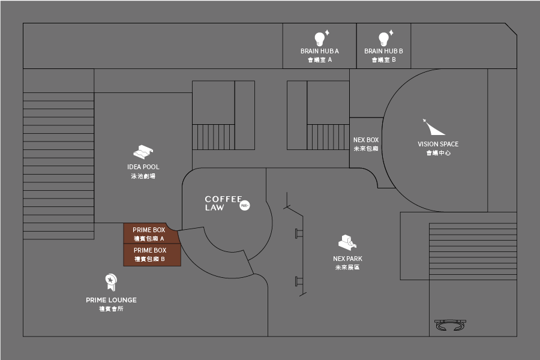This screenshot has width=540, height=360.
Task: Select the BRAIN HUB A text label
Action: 320,51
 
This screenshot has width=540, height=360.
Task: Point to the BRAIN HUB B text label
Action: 383,51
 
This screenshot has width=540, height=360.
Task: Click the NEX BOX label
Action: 366,140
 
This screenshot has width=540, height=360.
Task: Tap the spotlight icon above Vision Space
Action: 433,127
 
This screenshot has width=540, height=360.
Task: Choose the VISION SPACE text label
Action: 438,144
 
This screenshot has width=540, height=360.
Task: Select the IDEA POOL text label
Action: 143,167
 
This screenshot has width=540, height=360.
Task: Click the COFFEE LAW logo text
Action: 223,203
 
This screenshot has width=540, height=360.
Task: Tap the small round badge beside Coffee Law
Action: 244,205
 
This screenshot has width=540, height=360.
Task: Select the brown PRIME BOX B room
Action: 150,254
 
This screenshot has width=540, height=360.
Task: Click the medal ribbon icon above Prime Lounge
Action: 110,281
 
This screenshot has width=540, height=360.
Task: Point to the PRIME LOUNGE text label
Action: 111,300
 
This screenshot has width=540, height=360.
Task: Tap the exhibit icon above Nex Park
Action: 347,242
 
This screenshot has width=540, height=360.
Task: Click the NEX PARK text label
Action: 347,259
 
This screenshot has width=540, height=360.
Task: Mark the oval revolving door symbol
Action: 451,325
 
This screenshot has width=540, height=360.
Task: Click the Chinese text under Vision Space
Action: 438,153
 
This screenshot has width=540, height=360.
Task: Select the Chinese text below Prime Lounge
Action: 111,308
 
